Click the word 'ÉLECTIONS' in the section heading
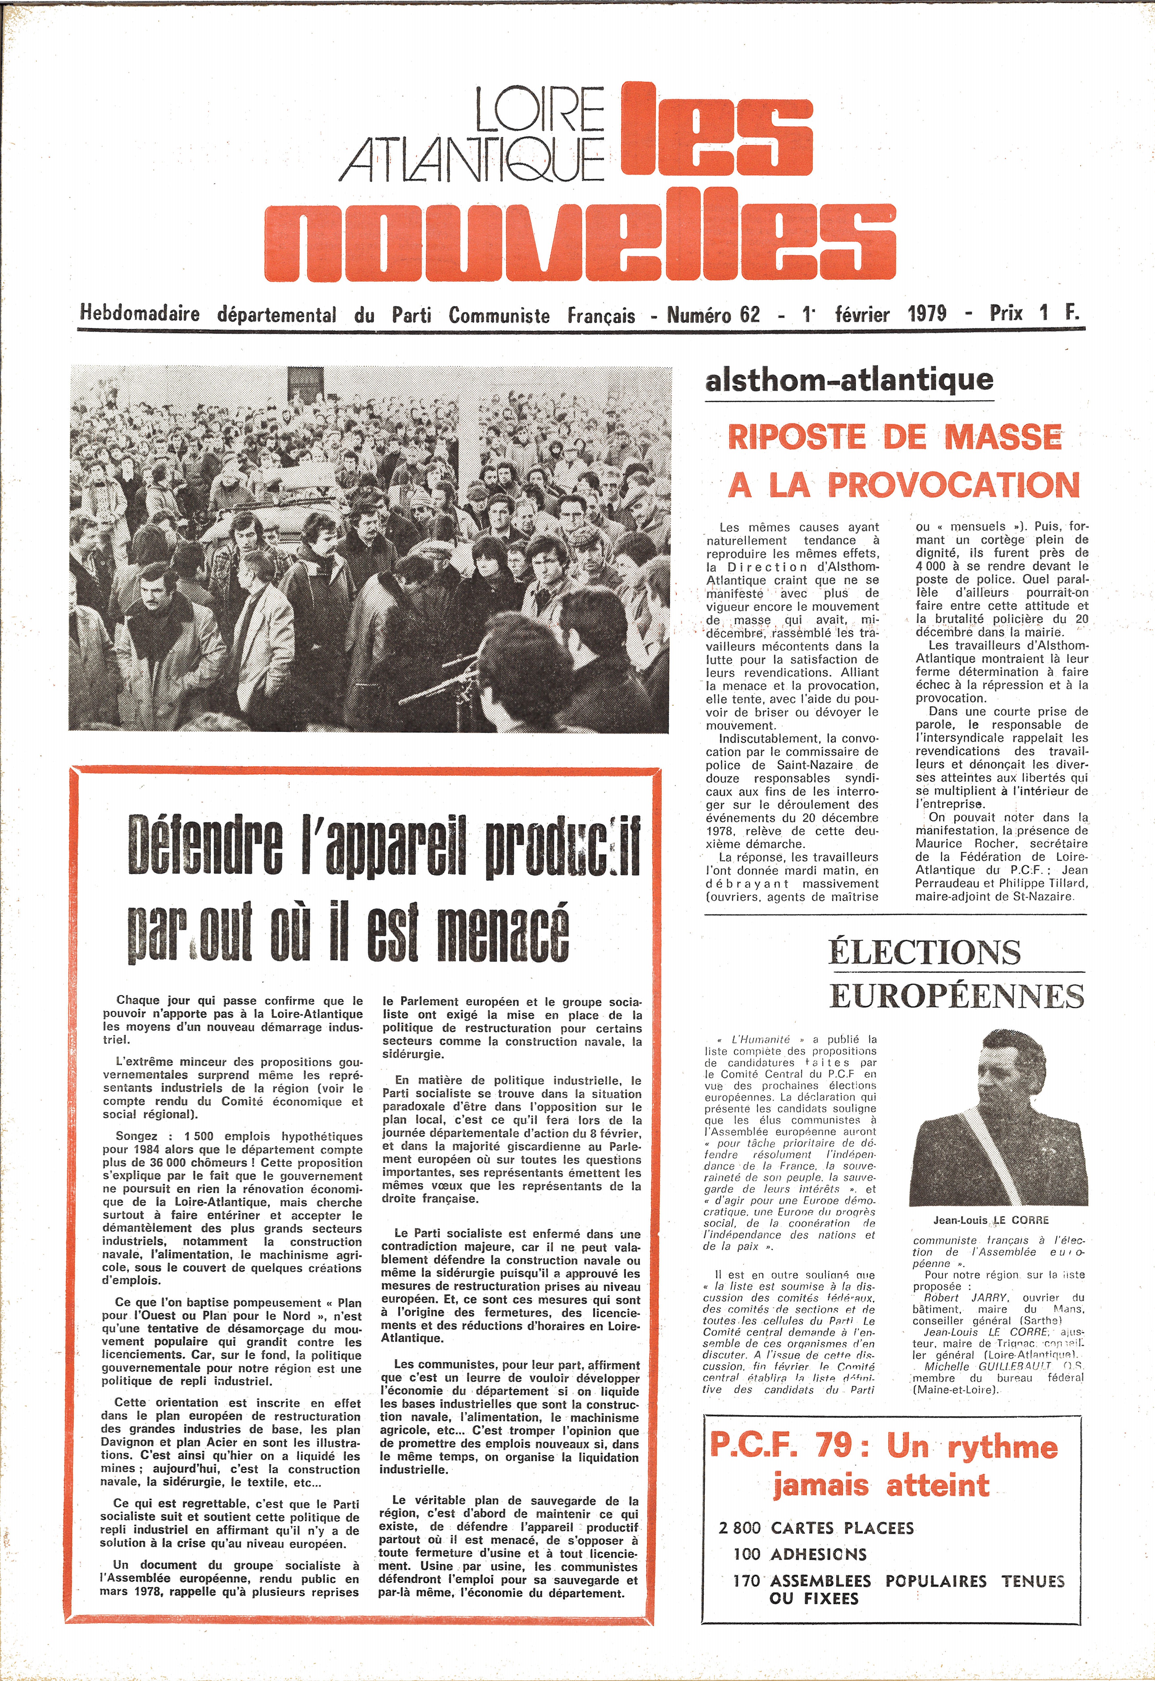click(x=924, y=951)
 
